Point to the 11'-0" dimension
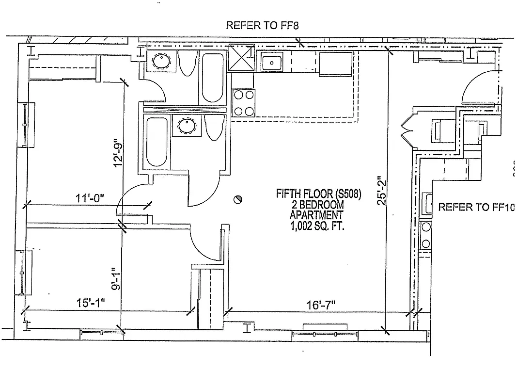(x=90, y=198)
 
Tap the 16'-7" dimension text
(x=321, y=305)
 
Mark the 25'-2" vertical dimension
(x=382, y=191)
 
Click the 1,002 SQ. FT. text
(x=317, y=226)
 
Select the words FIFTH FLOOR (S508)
(x=318, y=194)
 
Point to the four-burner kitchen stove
(x=243, y=103)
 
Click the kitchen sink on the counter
(x=272, y=62)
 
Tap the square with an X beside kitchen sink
(x=241, y=58)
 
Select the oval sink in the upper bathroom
(x=160, y=62)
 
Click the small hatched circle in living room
(x=237, y=199)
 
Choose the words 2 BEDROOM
(x=317, y=205)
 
